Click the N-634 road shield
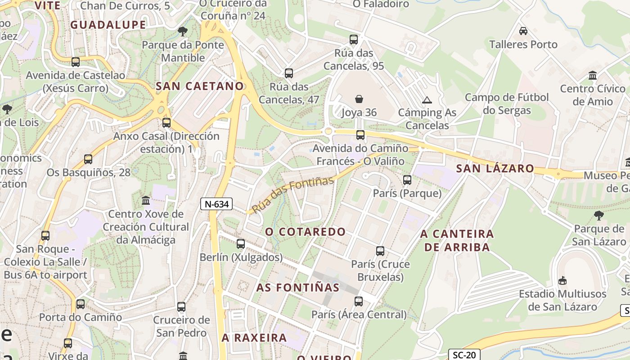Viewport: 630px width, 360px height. click(216, 204)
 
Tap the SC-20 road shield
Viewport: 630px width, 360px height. click(464, 355)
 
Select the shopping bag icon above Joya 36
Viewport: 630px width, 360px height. click(359, 99)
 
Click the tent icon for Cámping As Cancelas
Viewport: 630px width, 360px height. click(427, 100)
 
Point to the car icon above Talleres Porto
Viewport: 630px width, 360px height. click(523, 31)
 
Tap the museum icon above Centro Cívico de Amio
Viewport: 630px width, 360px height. click(593, 75)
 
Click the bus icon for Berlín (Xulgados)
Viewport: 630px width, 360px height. click(241, 244)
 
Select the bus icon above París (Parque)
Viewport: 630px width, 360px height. click(407, 180)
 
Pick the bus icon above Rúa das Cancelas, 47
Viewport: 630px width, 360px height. click(289, 73)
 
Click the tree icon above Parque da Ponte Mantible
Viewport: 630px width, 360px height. click(182, 31)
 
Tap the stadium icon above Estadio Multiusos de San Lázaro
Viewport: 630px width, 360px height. click(562, 281)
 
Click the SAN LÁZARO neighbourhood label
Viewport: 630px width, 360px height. click(495, 169)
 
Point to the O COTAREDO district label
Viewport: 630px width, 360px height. click(305, 232)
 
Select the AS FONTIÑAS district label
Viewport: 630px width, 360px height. click(298, 287)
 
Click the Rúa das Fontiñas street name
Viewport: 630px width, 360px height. click(292, 194)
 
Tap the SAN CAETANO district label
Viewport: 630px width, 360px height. click(200, 86)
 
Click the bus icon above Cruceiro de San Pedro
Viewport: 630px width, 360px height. click(181, 307)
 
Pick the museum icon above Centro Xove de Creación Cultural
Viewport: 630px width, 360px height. click(146, 200)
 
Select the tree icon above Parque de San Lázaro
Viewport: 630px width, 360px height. click(598, 216)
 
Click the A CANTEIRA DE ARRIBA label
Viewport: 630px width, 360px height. click(457, 240)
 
